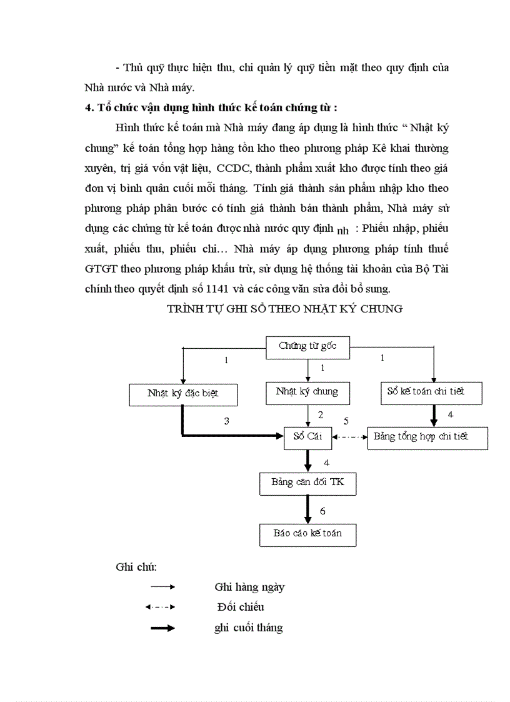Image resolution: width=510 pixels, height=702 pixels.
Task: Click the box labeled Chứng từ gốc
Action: [307, 347]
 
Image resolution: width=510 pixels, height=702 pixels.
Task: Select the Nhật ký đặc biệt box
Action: [183, 394]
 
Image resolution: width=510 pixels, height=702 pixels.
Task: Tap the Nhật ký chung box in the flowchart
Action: [307, 392]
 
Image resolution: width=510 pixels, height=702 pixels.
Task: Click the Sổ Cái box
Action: [307, 436]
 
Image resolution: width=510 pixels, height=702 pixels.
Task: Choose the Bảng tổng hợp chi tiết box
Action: [427, 437]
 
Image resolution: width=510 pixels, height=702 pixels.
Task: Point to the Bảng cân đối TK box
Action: [307, 483]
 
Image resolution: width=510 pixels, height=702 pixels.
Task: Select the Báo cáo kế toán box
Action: [307, 534]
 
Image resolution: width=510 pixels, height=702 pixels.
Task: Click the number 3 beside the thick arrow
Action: [227, 421]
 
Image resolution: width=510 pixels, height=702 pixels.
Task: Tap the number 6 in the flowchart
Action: [322, 511]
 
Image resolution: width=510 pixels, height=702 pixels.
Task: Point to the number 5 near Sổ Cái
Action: [346, 421]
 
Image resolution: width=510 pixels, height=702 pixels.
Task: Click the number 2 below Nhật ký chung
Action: [321, 414]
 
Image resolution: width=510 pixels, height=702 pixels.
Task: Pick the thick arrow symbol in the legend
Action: [162, 628]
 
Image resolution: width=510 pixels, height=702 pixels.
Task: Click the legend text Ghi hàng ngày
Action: [249, 587]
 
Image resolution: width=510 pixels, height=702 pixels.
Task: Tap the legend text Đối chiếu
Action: [241, 607]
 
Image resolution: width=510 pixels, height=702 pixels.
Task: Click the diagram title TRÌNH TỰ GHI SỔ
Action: [284, 309]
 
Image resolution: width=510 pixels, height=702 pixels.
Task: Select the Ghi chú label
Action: [136, 567]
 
